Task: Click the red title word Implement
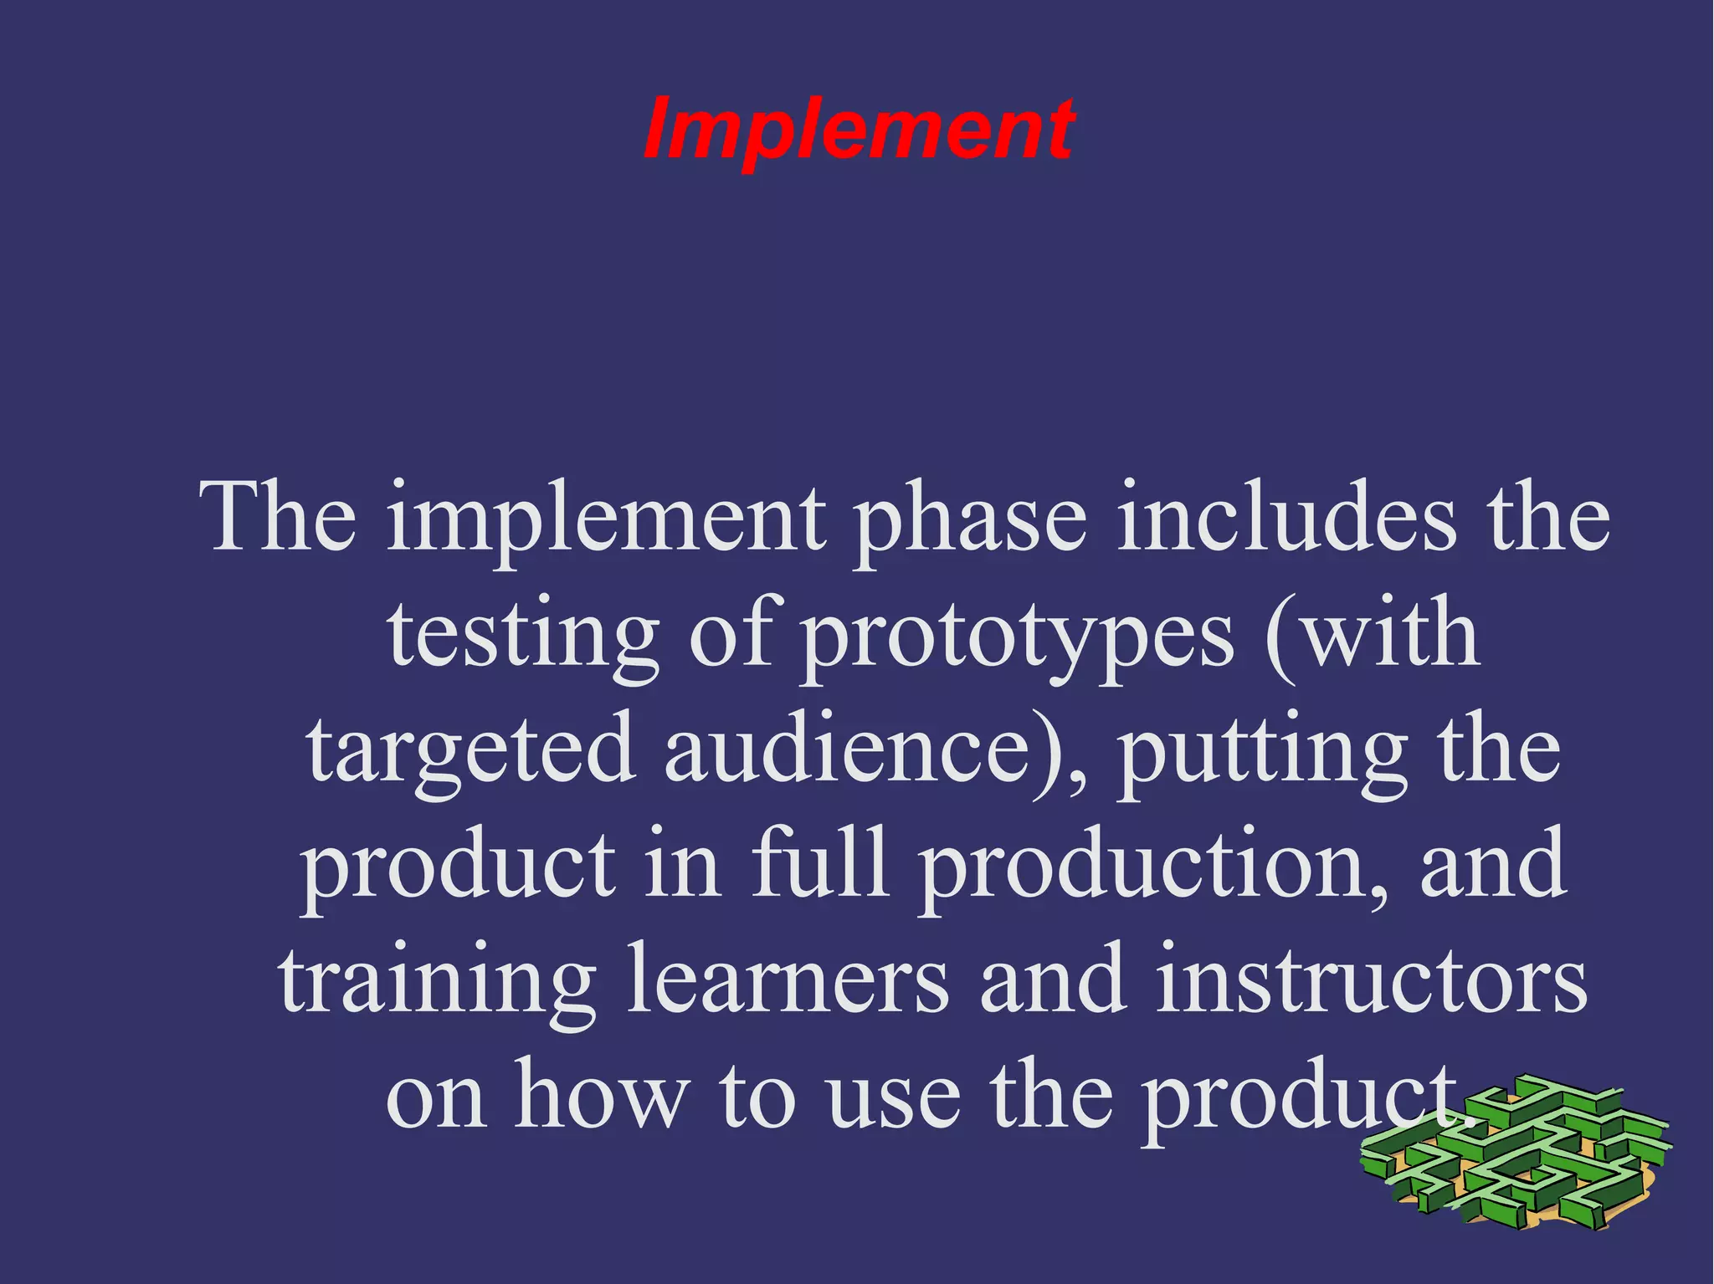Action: [x=859, y=130]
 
